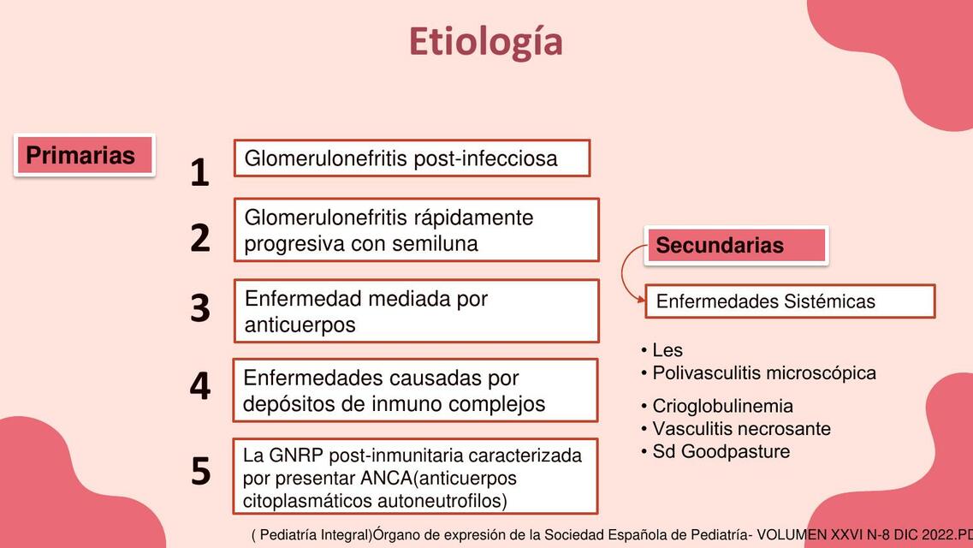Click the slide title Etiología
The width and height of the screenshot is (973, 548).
(486, 42)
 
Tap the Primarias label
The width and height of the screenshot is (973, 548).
(85, 155)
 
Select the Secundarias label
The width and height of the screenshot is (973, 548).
(737, 245)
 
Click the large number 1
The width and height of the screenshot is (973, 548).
(199, 172)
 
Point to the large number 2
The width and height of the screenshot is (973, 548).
(199, 238)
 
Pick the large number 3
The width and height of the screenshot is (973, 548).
(199, 308)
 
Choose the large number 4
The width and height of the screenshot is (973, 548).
(199, 385)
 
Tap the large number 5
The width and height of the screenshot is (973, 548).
(200, 471)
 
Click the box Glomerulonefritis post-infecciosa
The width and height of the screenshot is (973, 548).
(412, 158)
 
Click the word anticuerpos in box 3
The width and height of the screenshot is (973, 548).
(300, 325)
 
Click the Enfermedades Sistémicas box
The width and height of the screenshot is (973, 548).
(790, 301)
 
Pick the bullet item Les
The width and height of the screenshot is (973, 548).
(662, 350)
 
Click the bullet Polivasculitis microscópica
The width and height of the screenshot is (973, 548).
(758, 373)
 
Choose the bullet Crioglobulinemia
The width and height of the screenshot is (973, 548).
(717, 406)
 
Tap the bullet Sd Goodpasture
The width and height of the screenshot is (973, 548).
(715, 451)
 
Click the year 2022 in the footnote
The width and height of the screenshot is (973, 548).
(938, 535)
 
